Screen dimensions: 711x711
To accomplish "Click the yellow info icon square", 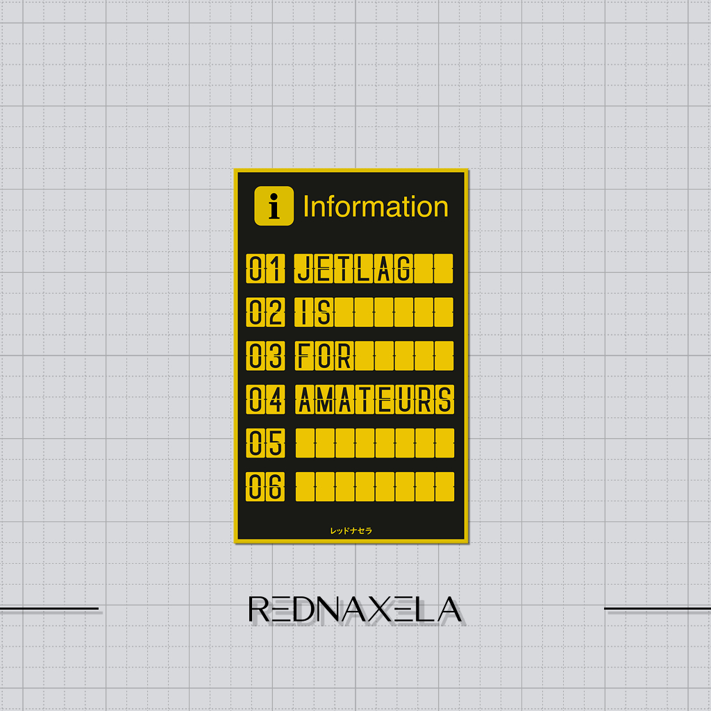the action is [274, 206].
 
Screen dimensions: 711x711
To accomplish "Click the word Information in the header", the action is [376, 207].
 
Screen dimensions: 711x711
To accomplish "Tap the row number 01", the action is [265, 269].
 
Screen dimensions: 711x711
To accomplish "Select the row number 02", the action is [265, 312].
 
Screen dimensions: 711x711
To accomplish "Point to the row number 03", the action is [265, 355].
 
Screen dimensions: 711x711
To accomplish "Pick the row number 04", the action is [265, 399].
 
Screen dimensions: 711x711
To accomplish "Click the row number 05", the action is [265, 443].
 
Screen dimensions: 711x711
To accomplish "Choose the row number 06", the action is [265, 487].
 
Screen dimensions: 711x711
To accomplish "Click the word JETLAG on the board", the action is [353, 269].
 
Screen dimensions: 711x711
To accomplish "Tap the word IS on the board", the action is [315, 312].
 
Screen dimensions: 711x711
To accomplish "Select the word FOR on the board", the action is [324, 355].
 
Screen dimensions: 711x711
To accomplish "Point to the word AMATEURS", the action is [374, 399].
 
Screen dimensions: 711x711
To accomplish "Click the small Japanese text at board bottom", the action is [351, 530].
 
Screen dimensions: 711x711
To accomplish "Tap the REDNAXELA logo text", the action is [355, 609].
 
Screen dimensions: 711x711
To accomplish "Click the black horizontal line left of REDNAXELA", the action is [49, 608].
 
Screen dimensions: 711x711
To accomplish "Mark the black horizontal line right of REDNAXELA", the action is [658, 608].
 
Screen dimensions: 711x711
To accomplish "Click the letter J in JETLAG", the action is [304, 269].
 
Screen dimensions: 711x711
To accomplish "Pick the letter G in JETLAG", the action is [403, 269].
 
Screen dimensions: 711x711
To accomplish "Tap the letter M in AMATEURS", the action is [325, 399].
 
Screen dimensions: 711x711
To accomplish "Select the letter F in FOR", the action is [304, 355].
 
